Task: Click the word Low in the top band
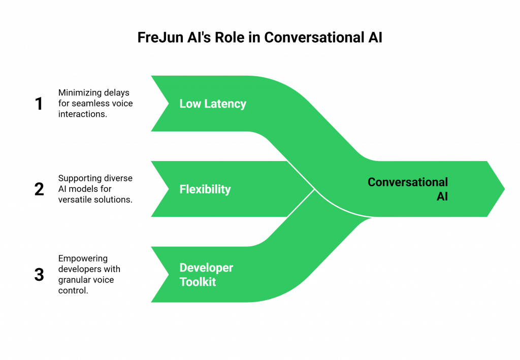click(190, 104)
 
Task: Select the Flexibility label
click(205, 189)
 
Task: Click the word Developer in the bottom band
click(206, 268)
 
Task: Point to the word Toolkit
click(198, 282)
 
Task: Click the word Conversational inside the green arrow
click(408, 182)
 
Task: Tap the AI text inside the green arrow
click(442, 197)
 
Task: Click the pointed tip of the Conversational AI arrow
click(505, 189)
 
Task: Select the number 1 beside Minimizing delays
click(40, 104)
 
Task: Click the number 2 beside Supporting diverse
click(40, 189)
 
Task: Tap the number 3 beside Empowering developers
click(40, 275)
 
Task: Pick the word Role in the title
click(231, 38)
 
